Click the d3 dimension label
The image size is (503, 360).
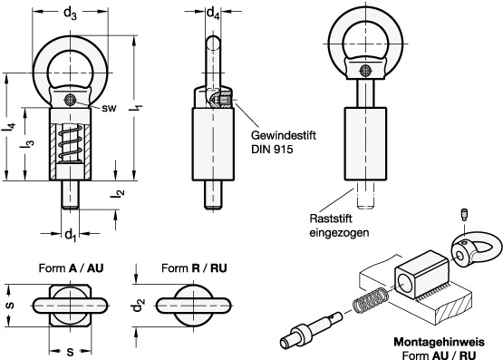pos(71,14)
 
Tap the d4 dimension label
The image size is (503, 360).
pos(213,14)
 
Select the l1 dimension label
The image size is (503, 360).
pos(136,108)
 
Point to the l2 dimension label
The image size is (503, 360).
pos(119,192)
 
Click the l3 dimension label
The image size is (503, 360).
pos(28,143)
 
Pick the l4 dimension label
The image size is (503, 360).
pos(9,127)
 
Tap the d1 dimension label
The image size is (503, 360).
pos(71,235)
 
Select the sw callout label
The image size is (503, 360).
pos(110,108)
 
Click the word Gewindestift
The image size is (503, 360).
pos(284,135)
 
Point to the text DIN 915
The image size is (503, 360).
pos(272,150)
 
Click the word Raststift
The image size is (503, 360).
pos(331,219)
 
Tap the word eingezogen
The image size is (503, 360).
pos(339,233)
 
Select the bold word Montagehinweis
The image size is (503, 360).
pos(440,342)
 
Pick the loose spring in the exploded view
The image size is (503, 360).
pos(371,301)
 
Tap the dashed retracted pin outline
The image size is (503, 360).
pos(365,195)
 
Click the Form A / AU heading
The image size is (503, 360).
pos(72,268)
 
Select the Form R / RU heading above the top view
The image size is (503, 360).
pos(194,268)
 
